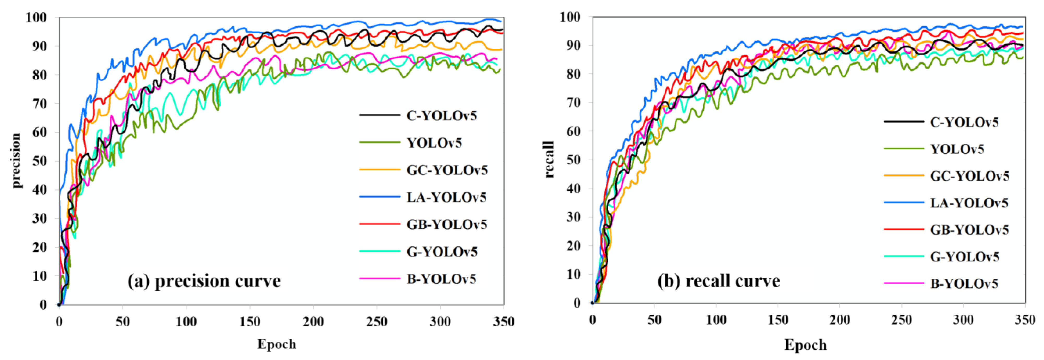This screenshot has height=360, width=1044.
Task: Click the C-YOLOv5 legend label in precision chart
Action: (x=441, y=116)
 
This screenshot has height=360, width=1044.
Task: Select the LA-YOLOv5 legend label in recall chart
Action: (x=969, y=203)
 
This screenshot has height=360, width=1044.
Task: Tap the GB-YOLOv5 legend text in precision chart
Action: (x=447, y=225)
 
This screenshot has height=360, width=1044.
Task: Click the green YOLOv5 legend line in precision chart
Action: (x=379, y=143)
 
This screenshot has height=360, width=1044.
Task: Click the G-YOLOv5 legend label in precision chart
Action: (x=442, y=252)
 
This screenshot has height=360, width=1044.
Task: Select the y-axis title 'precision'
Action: (x=16, y=161)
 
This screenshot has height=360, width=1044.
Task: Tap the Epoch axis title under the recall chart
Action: (x=805, y=345)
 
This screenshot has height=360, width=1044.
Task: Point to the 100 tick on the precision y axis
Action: (x=37, y=17)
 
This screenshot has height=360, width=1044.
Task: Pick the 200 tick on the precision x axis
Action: (x=313, y=322)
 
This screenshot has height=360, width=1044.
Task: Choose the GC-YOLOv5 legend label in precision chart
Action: (x=447, y=170)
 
